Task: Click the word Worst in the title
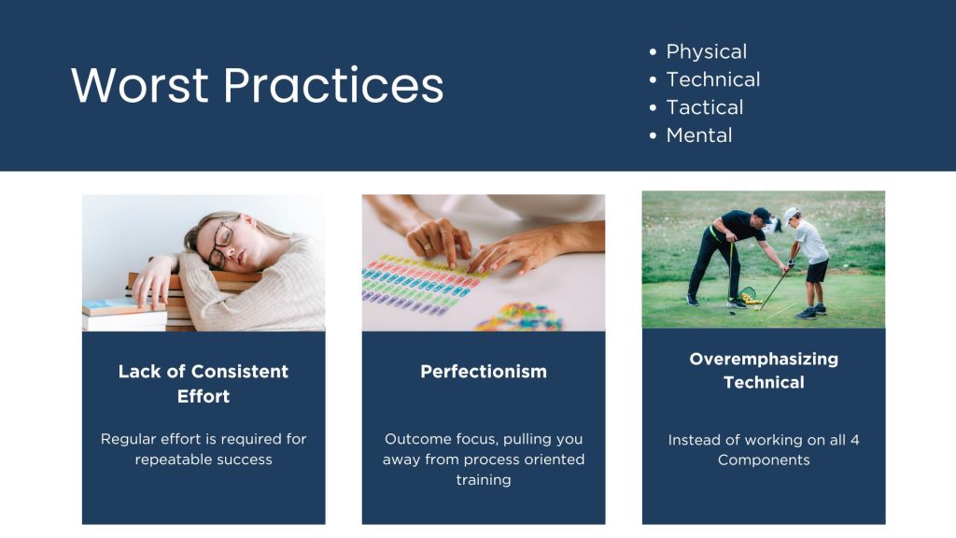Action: coord(140,85)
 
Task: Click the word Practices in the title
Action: coord(333,85)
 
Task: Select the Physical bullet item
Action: coord(706,52)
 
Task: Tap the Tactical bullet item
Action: coord(704,107)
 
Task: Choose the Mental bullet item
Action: coord(698,135)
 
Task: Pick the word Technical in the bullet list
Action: coord(712,79)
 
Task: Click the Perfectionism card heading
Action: coord(484,372)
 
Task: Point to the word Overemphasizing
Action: coord(764,360)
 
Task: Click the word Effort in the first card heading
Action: coord(203,396)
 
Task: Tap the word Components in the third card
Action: coord(764,460)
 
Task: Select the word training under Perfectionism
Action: coord(484,480)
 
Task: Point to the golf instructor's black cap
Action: coord(762,214)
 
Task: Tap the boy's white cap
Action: coord(790,214)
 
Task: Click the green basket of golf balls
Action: coord(748,294)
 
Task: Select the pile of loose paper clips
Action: coord(518,318)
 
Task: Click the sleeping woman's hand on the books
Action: coord(153,280)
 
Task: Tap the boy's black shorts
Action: coord(817,271)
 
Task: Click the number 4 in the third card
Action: coord(855,440)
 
